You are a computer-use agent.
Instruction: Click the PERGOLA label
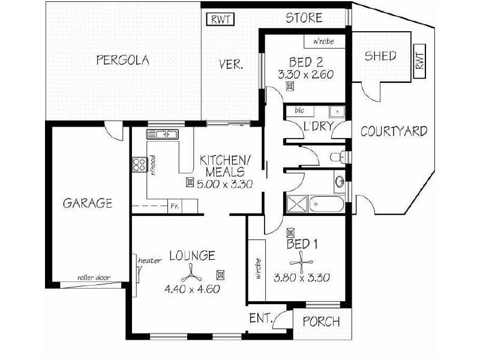pos(122,60)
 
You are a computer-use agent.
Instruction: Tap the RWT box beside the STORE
pos(220,19)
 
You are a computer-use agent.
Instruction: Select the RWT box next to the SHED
pos(419,61)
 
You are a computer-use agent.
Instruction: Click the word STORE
pos(304,18)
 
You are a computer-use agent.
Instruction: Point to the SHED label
pos(380,56)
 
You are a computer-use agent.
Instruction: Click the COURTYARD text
pos(394,131)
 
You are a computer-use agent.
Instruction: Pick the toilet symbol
pos(337,157)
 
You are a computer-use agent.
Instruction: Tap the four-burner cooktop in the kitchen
pos(140,164)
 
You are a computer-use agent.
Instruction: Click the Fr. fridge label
pos(175,206)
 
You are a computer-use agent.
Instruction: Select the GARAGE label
pos(88,203)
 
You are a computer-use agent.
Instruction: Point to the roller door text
pos(94,278)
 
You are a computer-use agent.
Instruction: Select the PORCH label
pos(321,322)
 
